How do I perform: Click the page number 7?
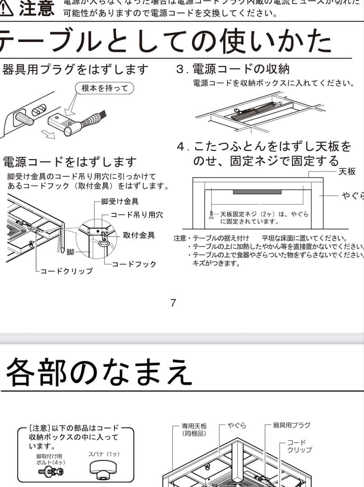[x=173, y=303]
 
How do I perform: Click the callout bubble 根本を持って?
[x=104, y=88]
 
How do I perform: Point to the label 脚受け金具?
[x=120, y=202]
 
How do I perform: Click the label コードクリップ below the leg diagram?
[x=66, y=271]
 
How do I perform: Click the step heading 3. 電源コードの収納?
[x=233, y=69]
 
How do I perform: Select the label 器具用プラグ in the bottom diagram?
[x=292, y=425]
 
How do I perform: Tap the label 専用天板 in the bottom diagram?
[x=194, y=429]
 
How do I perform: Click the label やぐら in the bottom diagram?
[x=237, y=425]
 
